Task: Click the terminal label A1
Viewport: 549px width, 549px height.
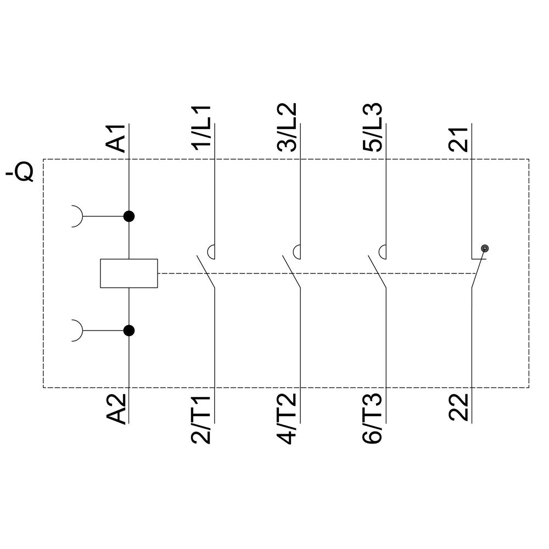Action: [x=116, y=138]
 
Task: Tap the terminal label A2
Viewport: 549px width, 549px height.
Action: [x=116, y=408]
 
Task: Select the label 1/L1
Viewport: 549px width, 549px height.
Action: [x=201, y=128]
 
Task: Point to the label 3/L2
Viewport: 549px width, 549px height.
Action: [x=287, y=127]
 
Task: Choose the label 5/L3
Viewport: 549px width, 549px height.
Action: [x=373, y=127]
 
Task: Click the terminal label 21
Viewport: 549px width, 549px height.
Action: [x=458, y=139]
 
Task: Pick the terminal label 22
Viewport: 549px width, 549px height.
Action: [x=458, y=407]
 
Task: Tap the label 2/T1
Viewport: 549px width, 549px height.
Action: [x=201, y=419]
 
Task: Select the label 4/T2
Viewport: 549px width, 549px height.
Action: [x=287, y=419]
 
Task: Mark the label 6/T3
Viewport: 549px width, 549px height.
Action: [x=373, y=419]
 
